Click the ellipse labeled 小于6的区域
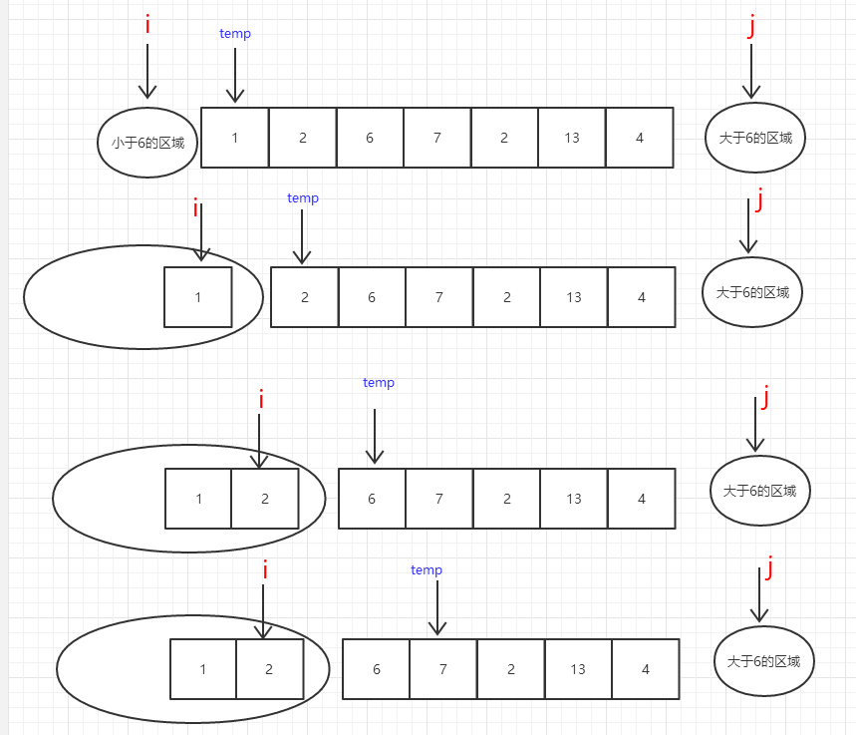147,142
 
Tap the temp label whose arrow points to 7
427,570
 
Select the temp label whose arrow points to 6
379,383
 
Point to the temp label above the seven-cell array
235,34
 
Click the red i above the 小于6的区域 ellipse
147,25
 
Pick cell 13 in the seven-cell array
572,138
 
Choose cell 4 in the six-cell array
642,297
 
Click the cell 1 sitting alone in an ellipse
198,297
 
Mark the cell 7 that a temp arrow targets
443,670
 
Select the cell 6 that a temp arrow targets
372,499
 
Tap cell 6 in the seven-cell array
370,138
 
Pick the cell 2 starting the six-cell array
305,297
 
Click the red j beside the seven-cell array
751,27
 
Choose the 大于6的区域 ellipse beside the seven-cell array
755,138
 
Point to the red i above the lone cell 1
195,208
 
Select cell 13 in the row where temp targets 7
578,670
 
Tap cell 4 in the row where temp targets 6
642,499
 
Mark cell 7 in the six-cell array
439,297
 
